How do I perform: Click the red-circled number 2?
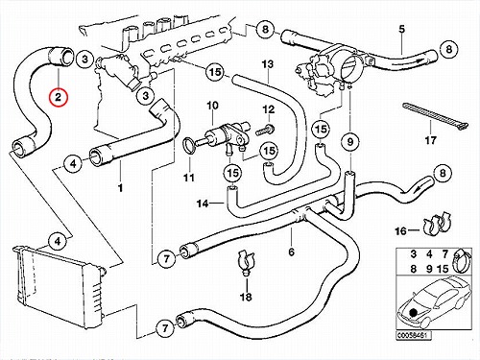pos(58,96)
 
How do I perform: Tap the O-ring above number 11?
pos(188,145)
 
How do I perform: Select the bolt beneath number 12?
pos(264,130)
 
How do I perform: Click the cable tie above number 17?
pos(435,116)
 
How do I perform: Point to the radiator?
pos(60,286)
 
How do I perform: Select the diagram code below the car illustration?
pos(414,335)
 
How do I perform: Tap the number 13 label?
pos(268,64)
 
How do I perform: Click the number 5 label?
pos(401,29)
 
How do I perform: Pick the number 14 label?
pos(203,204)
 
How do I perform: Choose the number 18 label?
pos(246,297)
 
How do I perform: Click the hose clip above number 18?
pos(246,261)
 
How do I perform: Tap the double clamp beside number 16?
pos(436,225)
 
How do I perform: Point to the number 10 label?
pos(212,106)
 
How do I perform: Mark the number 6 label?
pos(291,252)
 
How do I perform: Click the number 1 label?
pos(120,188)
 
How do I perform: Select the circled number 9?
pos(350,141)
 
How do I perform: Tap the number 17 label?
pos(430,140)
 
